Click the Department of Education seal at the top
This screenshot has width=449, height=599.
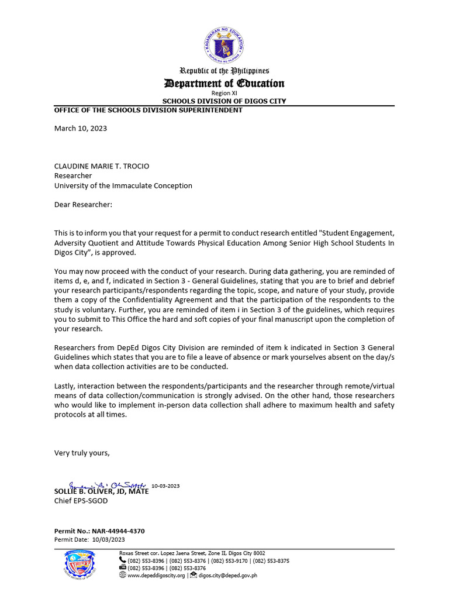pos(224,45)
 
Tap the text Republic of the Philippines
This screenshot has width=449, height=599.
pos(224,71)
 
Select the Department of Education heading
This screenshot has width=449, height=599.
pos(224,84)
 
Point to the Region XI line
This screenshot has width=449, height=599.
pos(224,94)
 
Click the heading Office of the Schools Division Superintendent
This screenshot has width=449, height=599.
pos(148,110)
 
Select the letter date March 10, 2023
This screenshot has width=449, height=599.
pos(81,128)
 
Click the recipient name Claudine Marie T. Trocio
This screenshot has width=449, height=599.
pos(102,166)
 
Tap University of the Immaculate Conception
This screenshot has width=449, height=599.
pos(123,185)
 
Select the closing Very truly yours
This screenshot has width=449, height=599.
pos(82,452)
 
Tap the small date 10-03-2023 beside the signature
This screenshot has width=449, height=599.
pos(165,486)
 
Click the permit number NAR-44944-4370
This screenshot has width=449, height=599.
pos(118,531)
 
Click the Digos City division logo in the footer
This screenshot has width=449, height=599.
pos(81,566)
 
